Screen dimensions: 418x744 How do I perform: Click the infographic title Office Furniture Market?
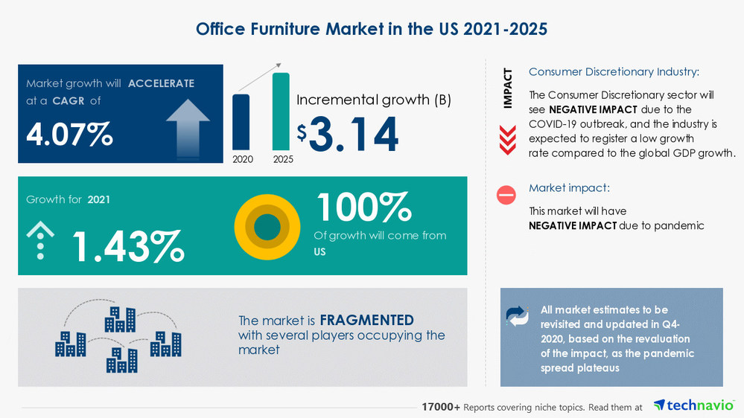pos(372,29)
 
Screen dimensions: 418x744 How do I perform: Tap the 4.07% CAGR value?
pos(70,135)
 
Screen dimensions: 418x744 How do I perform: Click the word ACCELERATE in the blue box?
pos(161,83)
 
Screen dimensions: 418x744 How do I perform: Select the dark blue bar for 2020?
pos(241,122)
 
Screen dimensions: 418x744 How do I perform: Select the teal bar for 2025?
pos(281,112)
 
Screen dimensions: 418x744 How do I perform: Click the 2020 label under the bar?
pos(242,159)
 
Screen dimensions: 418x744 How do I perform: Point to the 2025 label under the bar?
pos(282,159)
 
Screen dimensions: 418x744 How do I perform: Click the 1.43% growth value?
pos(127,247)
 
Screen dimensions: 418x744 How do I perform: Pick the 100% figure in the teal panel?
pos(363,208)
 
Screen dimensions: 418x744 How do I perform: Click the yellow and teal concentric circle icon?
pos(267,227)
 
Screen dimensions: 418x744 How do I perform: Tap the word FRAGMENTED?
pos(366,321)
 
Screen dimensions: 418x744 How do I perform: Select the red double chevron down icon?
pos(507,140)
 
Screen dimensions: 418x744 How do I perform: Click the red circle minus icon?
pos(506,196)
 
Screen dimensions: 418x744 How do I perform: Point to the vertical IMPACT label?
pos(508,89)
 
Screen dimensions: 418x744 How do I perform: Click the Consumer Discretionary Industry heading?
pos(614,72)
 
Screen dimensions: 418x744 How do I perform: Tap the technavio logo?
pos(689,406)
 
